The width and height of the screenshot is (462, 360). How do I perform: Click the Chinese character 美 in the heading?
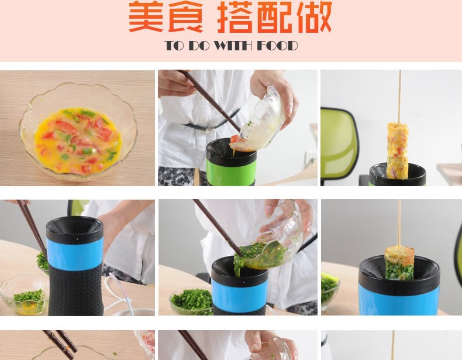(146, 16)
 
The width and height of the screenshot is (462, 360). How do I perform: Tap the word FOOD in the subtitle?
(277, 46)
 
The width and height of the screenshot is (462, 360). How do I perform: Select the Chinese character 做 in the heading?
(315, 17)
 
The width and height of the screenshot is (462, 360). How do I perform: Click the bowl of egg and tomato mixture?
(78, 132)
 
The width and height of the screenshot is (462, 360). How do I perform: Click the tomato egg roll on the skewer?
(398, 150)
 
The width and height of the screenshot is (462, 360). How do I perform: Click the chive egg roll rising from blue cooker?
(399, 263)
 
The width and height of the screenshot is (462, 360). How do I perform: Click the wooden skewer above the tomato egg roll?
(400, 97)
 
